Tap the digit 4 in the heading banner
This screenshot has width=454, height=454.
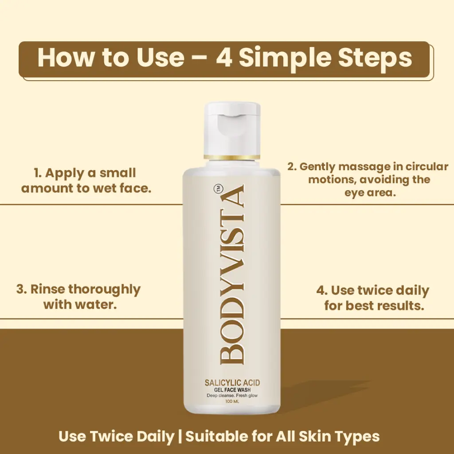(225, 57)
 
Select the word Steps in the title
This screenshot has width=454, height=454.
(375, 58)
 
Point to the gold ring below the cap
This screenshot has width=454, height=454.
(232, 157)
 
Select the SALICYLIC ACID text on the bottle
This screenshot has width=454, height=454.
(232, 383)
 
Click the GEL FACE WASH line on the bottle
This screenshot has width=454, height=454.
(232, 390)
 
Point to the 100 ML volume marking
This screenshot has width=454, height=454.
(232, 402)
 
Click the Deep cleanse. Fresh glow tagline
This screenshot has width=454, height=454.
(232, 396)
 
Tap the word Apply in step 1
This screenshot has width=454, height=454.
(62, 174)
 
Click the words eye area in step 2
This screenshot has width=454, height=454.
(370, 193)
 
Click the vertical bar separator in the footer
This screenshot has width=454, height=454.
(180, 436)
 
